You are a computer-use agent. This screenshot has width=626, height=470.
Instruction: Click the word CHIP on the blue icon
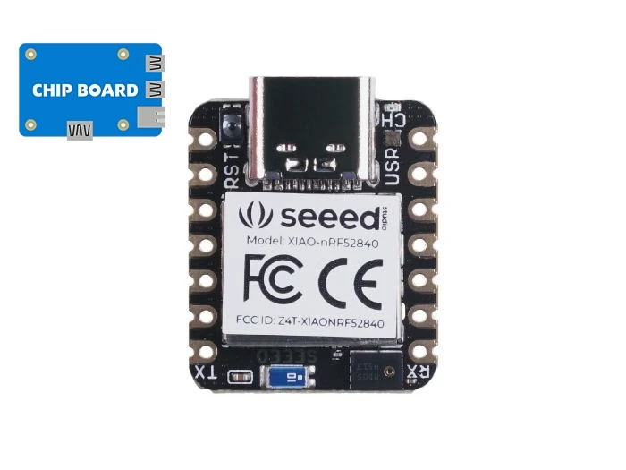pos(53,90)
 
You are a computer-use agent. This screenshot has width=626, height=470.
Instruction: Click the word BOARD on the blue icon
pos(108,90)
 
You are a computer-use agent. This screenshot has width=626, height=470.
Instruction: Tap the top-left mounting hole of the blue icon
pos(31,55)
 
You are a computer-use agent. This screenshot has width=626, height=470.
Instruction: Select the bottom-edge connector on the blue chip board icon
pos(80,132)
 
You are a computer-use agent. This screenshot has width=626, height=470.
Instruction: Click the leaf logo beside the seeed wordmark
pos(260,215)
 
